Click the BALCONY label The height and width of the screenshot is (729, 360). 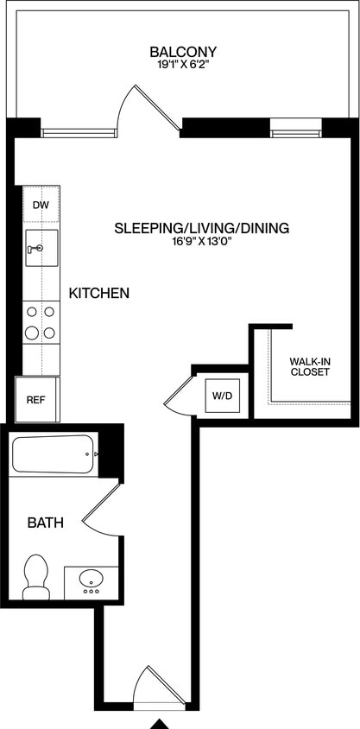tap(182, 51)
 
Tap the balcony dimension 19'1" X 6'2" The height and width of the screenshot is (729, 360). tap(182, 64)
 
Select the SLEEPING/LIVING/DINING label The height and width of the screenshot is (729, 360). tap(201, 229)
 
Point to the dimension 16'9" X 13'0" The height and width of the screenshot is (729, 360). tap(201, 243)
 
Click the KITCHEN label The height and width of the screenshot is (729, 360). tap(99, 294)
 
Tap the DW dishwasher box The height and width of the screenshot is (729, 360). tap(41, 206)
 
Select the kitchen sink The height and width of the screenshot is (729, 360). tap(41, 248)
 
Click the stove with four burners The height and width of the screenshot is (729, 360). tap(41, 321)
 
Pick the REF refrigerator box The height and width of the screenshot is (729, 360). tap(35, 400)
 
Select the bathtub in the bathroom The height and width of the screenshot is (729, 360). tap(54, 454)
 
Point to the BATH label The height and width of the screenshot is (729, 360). tap(44, 523)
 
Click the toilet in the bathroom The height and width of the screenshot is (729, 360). tap(35, 577)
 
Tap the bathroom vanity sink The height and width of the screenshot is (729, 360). tap(91, 581)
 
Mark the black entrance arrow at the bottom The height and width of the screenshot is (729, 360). tap(160, 723)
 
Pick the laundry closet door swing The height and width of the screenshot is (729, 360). tap(180, 394)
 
